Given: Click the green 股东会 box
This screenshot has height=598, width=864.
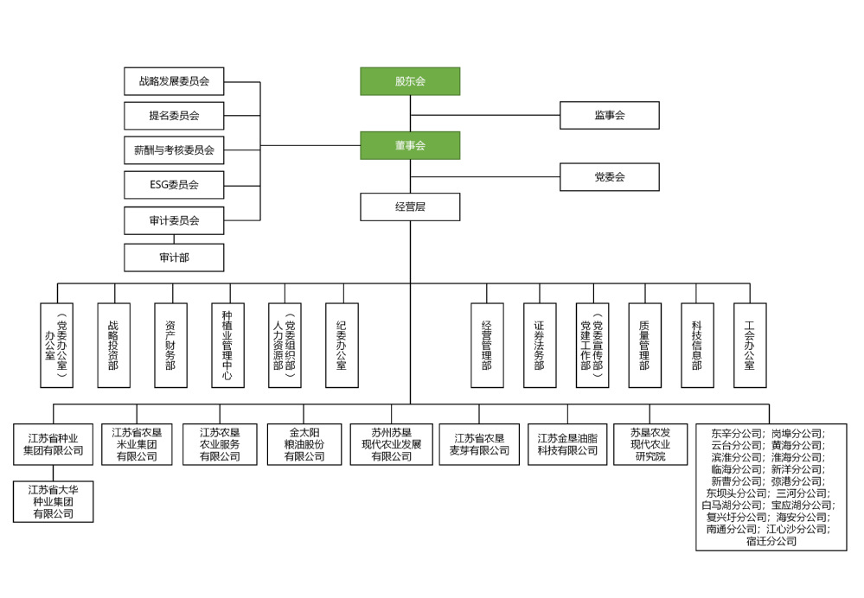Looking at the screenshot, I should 410,81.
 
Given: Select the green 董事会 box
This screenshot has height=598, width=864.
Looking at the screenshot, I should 410,145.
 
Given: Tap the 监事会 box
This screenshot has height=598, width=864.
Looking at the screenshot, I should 609,115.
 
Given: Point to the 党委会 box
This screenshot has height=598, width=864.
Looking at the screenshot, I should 609,177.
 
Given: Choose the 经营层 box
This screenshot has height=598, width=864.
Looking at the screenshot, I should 410,207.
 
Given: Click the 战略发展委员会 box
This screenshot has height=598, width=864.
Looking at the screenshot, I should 174,82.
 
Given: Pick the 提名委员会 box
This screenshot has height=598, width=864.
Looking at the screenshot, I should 174,115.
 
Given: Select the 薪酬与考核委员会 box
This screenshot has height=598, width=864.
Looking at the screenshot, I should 174,149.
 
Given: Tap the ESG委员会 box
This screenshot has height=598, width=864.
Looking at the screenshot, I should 174,184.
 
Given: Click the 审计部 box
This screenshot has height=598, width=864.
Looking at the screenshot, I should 174,258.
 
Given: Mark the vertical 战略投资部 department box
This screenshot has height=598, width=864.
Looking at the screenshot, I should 113,345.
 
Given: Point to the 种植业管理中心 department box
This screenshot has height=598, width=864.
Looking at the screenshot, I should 227,345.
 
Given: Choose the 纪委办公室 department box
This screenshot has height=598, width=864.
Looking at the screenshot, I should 342,345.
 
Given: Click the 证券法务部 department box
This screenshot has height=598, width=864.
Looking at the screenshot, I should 539,345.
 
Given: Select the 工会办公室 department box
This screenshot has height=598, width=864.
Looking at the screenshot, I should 749,345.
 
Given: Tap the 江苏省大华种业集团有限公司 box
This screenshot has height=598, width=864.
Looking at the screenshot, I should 53,502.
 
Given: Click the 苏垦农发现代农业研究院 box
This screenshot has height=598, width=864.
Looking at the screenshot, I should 650,444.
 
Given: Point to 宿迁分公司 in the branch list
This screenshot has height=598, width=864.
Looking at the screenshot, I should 765,542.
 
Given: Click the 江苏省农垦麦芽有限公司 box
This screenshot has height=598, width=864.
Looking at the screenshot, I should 479,444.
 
